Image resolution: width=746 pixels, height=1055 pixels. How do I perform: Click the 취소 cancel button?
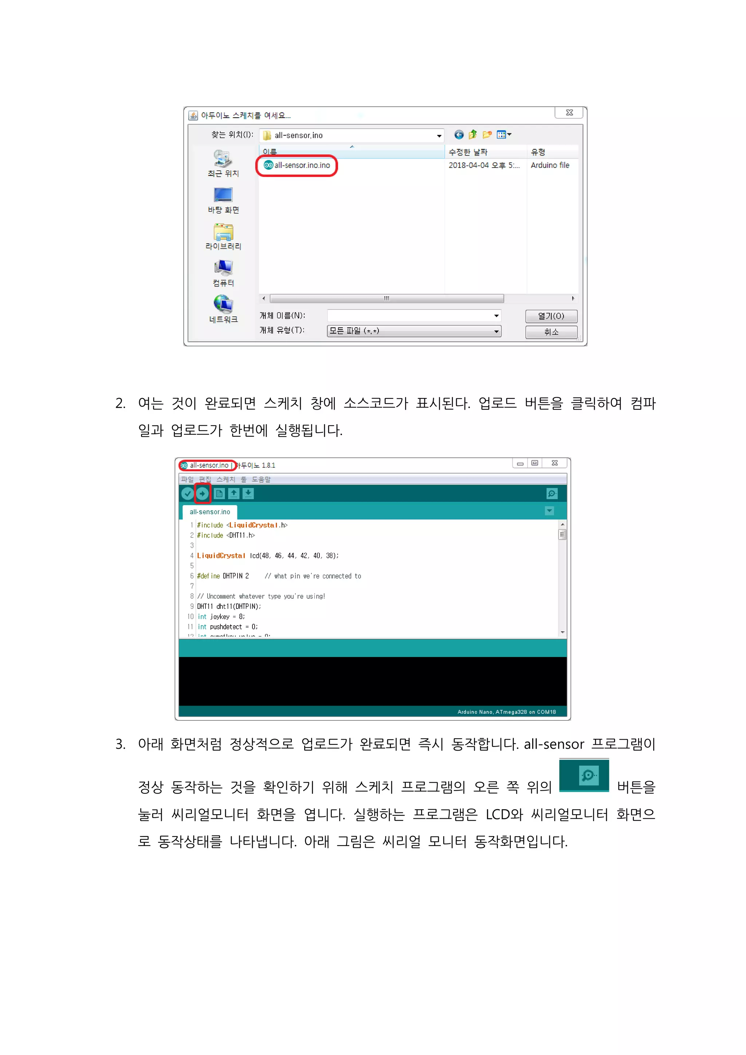pos(551,332)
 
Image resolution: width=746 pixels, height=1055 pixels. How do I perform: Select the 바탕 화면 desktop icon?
pos(223,195)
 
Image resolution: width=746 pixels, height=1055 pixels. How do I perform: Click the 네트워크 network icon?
pos(223,304)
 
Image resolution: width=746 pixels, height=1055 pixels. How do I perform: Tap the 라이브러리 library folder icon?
pos(223,232)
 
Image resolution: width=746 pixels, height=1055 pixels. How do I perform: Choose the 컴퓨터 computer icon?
pos(223,268)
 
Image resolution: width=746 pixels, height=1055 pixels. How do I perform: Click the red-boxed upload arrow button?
pos(202,493)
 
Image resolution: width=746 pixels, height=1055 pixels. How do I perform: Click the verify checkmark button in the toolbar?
pos(187,493)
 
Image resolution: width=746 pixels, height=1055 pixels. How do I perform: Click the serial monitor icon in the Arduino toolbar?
pos(551,493)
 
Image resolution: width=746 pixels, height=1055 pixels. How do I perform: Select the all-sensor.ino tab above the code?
pos(209,512)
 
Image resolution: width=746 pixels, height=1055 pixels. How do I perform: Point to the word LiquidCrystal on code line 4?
pos(221,555)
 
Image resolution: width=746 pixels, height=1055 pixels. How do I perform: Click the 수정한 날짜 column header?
pos(468,152)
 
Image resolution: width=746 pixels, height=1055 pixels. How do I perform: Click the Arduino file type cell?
pos(550,165)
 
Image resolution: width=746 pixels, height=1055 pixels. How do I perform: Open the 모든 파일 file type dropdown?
pos(414,331)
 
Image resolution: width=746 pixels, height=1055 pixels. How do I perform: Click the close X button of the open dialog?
pos(569,113)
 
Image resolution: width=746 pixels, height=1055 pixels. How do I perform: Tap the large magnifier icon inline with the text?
pos(584,776)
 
